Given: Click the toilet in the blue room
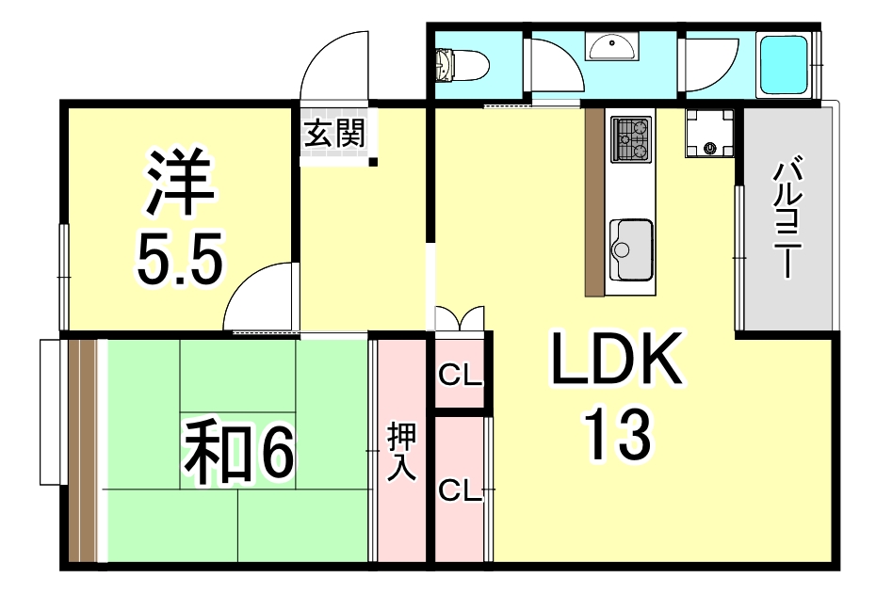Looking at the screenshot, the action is tap(462, 65).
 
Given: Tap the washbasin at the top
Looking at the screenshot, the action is tap(611, 46).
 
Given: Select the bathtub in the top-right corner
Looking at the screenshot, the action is tap(785, 65).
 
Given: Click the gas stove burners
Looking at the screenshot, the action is tap(631, 139).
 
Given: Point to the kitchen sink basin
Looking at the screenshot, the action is tap(631, 249).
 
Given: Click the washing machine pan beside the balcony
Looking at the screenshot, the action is tap(709, 133).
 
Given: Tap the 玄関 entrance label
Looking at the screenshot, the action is tap(334, 134).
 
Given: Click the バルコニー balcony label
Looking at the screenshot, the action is tap(787, 219).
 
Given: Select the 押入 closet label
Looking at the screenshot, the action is tap(402, 451).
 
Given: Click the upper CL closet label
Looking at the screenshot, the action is tap(460, 376).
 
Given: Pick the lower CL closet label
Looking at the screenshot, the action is tap(460, 490).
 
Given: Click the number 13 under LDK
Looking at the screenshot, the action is tap(618, 434).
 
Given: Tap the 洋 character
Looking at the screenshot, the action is tap(180, 182).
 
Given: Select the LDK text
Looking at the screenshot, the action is tap(617, 359).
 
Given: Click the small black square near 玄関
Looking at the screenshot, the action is tap(373, 163).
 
